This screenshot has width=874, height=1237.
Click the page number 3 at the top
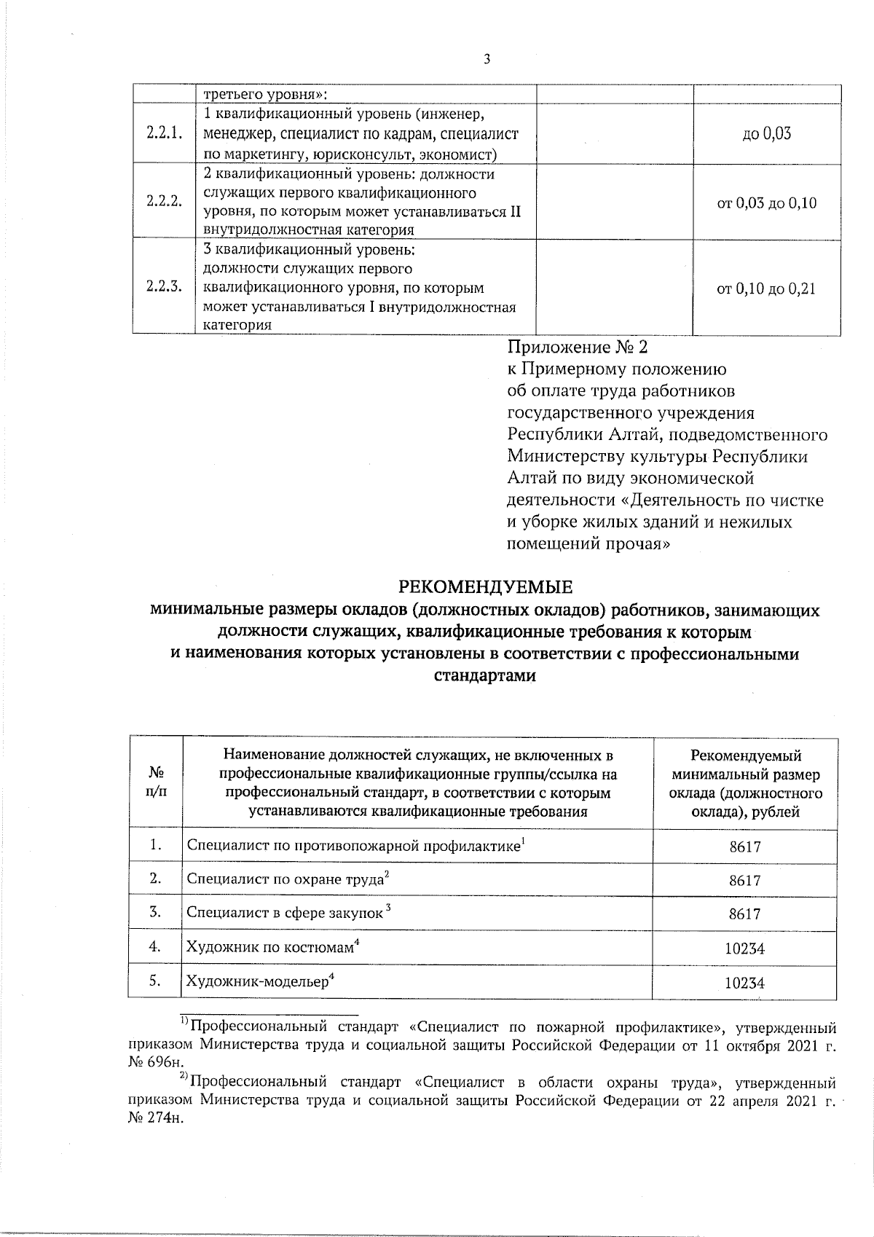(486, 60)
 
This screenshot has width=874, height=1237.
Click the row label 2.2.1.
(163, 135)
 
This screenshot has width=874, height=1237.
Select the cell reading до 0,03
(767, 135)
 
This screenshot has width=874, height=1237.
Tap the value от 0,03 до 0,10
(767, 203)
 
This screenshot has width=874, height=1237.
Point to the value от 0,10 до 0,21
(767, 288)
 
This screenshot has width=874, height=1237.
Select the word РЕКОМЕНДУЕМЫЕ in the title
(485, 587)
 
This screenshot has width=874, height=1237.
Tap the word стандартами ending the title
(485, 675)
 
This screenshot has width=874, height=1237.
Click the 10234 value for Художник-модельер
(744, 983)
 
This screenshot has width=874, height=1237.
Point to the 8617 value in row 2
(744, 880)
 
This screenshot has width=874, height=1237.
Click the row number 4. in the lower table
(154, 947)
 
